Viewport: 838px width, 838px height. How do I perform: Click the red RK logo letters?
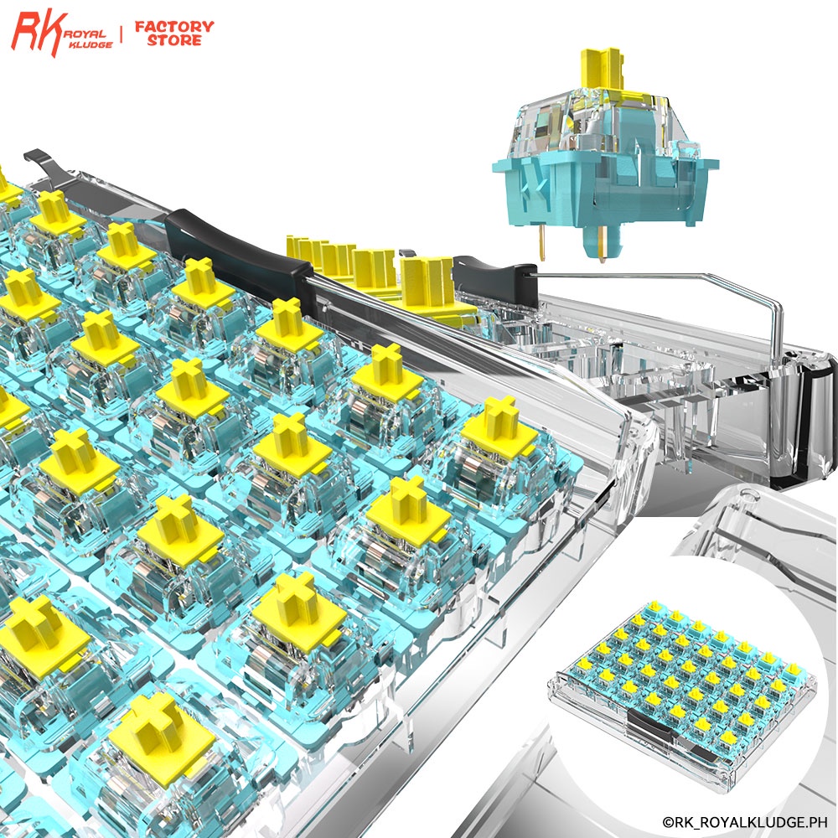[x=39, y=34]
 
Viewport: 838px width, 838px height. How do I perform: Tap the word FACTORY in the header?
[x=174, y=26]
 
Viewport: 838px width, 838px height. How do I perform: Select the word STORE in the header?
[x=174, y=40]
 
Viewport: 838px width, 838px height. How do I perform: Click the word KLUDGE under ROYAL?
[x=91, y=45]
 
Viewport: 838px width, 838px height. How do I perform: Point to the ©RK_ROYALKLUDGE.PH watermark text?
[x=744, y=821]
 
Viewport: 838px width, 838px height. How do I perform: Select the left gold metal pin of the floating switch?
[x=542, y=242]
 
